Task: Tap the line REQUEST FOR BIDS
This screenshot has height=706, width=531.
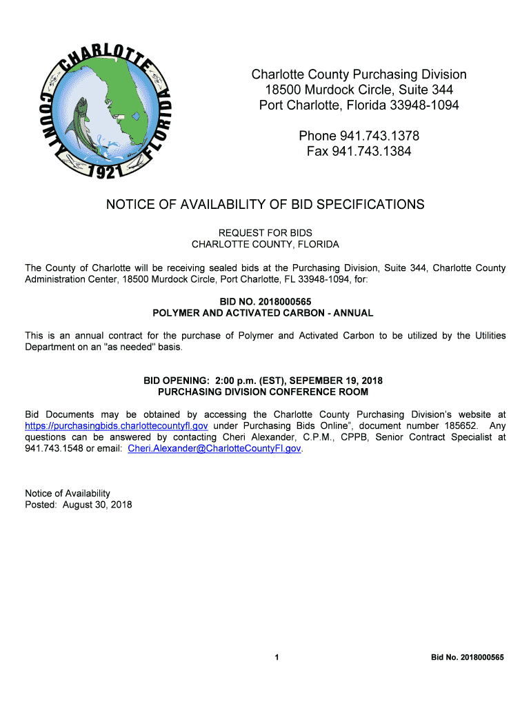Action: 265,233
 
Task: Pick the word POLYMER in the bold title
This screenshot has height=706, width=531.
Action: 179,313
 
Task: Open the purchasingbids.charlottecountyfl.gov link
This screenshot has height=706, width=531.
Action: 117,426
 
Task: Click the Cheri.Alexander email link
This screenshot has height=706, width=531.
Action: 214,448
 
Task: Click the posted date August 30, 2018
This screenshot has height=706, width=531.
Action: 97,505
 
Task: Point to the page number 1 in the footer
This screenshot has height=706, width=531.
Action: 277,658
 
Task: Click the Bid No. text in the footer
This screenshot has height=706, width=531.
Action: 468,658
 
